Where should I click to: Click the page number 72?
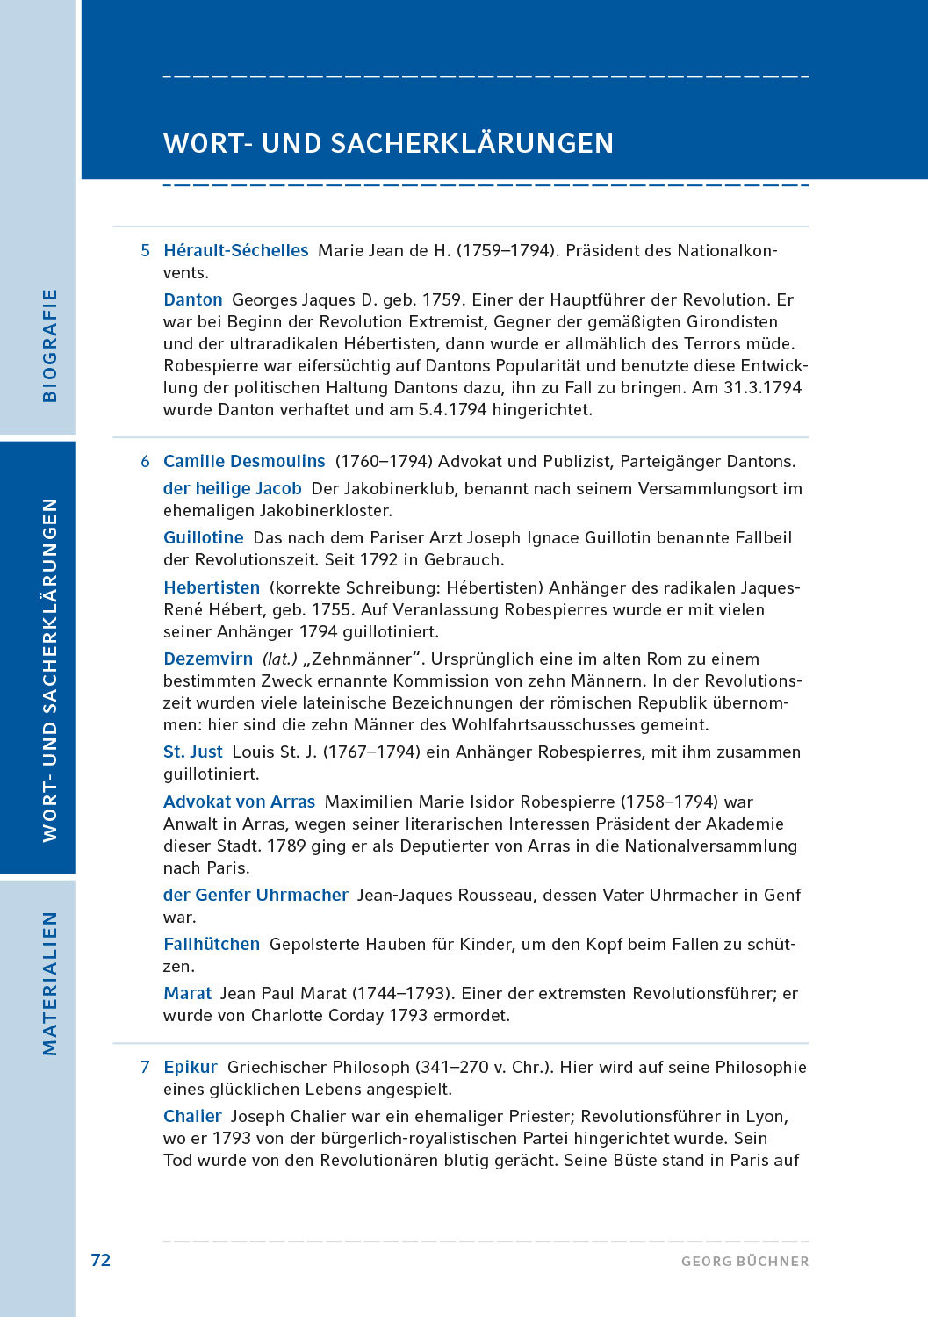(101, 1260)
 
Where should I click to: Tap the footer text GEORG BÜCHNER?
(745, 1262)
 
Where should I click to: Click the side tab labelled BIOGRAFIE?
(50, 345)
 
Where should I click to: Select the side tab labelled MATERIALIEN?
(50, 982)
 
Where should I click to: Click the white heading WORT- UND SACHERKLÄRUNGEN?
(388, 143)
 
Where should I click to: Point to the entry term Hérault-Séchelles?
(235, 250)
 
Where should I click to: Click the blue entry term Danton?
(192, 299)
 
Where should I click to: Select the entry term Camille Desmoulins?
(244, 461)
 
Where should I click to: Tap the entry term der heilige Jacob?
(232, 488)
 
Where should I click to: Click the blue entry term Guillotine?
(203, 537)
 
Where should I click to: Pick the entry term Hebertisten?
(212, 587)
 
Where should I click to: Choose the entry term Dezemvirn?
(208, 658)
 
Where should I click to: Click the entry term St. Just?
(192, 752)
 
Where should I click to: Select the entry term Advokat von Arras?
(239, 802)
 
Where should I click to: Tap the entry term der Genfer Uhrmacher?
(255, 895)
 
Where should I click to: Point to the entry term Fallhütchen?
(212, 944)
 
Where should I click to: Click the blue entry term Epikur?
(190, 1067)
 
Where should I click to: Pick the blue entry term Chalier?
(192, 1116)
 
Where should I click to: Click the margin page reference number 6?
(145, 461)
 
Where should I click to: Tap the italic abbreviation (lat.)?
(280, 658)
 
